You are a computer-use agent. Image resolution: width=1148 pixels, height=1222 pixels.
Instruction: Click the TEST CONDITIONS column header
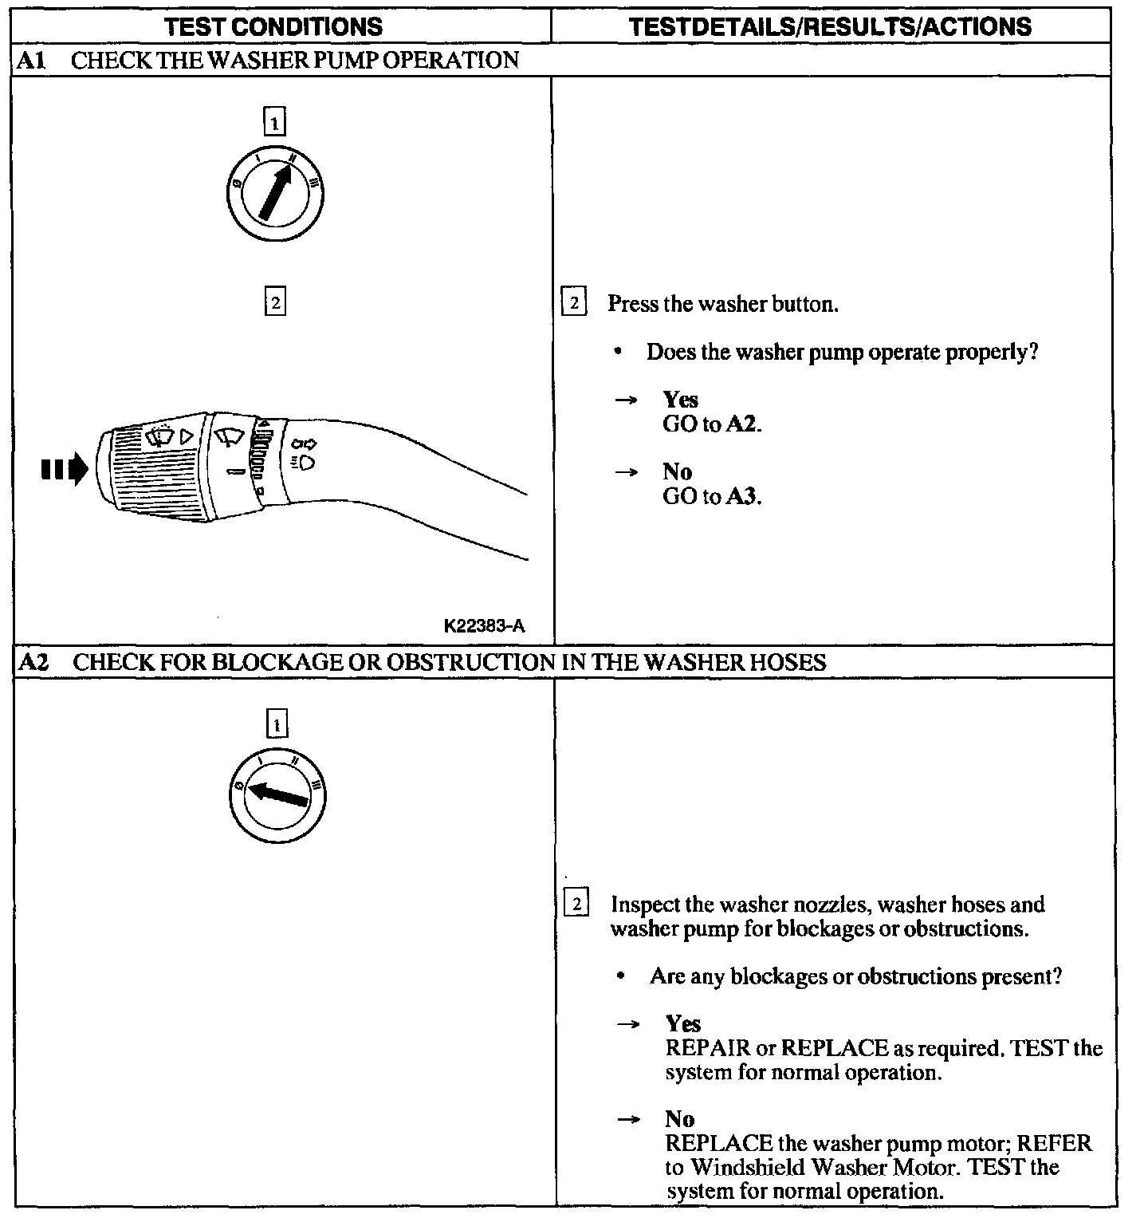click(273, 26)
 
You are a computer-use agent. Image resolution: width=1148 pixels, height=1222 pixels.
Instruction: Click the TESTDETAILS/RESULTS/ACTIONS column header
click(830, 26)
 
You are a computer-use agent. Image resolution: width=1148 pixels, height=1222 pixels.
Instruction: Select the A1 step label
click(31, 61)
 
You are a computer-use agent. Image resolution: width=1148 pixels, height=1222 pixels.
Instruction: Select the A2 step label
click(33, 662)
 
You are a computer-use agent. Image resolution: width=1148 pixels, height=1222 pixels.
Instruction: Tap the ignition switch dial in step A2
click(277, 795)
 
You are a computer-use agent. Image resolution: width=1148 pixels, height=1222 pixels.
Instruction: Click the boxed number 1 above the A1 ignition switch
click(274, 123)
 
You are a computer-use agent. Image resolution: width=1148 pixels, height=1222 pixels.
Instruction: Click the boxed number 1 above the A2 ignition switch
click(276, 725)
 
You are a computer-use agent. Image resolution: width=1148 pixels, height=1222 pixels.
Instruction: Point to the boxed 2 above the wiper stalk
click(274, 303)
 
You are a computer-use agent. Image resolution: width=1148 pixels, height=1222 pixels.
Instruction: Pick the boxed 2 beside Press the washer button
click(573, 303)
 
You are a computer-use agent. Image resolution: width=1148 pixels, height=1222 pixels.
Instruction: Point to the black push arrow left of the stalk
click(64, 469)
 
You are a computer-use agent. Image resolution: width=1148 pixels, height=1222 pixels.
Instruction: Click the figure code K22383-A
click(484, 626)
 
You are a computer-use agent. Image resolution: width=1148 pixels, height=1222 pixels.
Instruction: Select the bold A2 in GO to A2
click(741, 424)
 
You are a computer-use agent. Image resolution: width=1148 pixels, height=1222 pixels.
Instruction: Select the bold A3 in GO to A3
click(741, 497)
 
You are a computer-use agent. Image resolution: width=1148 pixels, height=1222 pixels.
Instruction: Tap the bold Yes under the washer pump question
click(680, 400)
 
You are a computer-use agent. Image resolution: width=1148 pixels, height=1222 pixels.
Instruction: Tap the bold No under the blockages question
click(679, 1119)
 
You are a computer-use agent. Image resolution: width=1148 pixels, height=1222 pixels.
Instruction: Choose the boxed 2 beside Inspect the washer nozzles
click(576, 905)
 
